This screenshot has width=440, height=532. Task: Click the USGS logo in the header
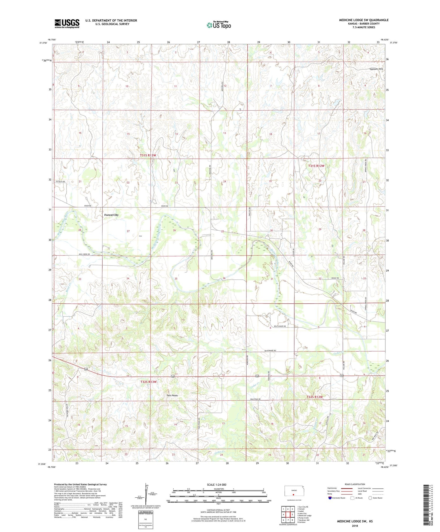click(67, 23)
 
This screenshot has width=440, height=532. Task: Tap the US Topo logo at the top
click(219, 25)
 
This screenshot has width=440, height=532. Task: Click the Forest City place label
click(111, 215)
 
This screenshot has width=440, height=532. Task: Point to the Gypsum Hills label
click(376, 69)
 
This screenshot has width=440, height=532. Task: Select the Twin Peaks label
click(172, 395)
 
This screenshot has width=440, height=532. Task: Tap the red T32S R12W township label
click(314, 397)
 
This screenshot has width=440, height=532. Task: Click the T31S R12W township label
click(316, 166)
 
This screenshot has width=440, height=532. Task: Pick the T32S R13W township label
click(148, 382)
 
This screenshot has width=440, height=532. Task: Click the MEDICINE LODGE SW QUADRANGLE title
click(364, 20)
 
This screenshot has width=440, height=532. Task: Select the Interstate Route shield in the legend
click(330, 498)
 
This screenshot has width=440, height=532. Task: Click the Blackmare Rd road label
click(270, 351)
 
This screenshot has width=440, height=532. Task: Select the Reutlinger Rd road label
click(280, 326)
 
